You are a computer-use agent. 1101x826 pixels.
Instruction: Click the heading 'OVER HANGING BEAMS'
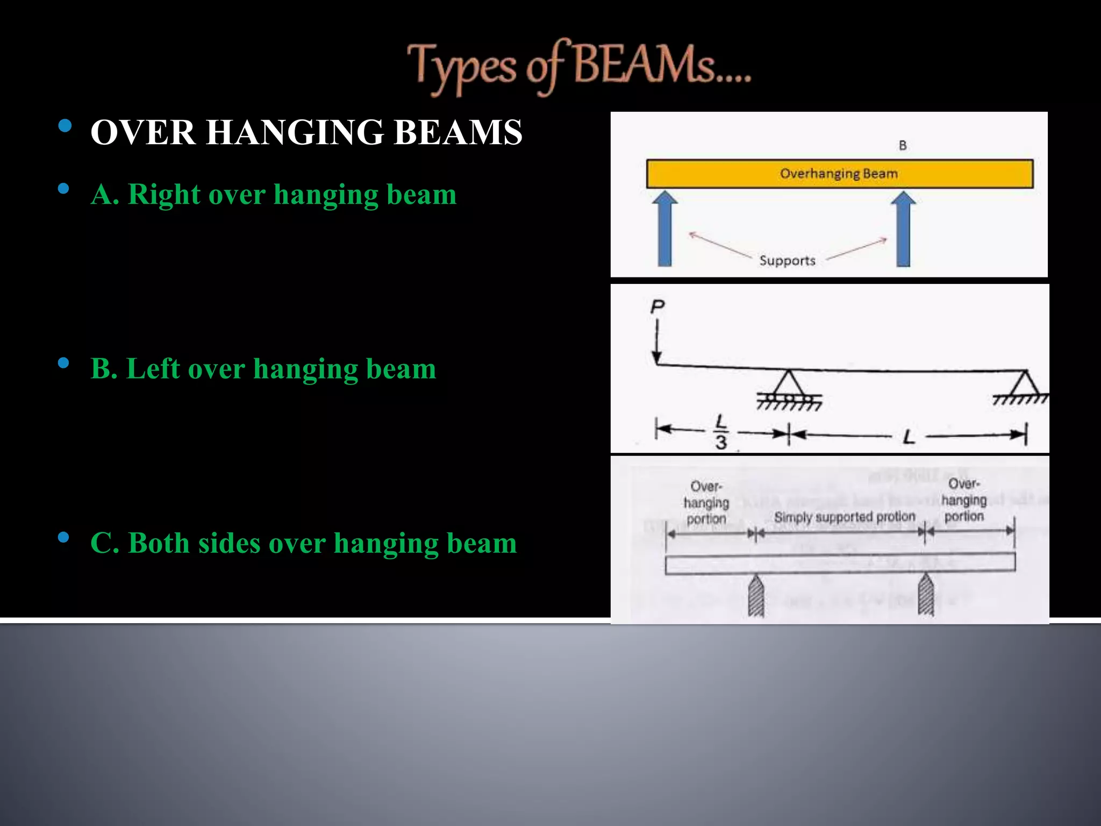pos(306,132)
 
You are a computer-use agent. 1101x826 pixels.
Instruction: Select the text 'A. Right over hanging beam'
pos(274,194)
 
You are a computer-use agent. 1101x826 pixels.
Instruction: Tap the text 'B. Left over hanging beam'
pos(263,369)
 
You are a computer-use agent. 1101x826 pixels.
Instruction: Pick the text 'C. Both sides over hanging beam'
pos(304,543)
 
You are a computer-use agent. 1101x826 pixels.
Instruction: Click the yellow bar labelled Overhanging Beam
pos(839,174)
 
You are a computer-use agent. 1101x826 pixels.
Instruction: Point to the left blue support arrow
pos(665,229)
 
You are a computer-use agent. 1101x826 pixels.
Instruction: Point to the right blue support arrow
pos(903,229)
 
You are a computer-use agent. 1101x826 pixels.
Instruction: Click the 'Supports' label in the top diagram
pos(787,261)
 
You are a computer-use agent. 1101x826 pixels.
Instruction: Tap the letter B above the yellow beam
pos(903,145)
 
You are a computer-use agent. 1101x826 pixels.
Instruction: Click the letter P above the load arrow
pos(657,307)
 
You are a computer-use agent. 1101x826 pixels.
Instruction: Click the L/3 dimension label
pos(721,432)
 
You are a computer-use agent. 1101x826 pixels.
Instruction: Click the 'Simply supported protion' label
pos(844,517)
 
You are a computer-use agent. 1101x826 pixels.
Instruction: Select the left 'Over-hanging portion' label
pos(706,502)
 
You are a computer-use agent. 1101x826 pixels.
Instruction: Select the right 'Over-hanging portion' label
pos(964,500)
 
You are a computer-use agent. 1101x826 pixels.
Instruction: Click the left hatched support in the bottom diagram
pos(756,596)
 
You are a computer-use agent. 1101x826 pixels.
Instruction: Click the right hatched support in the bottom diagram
pos(925,594)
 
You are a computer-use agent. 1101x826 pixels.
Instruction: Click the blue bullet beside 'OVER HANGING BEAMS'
pos(65,126)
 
